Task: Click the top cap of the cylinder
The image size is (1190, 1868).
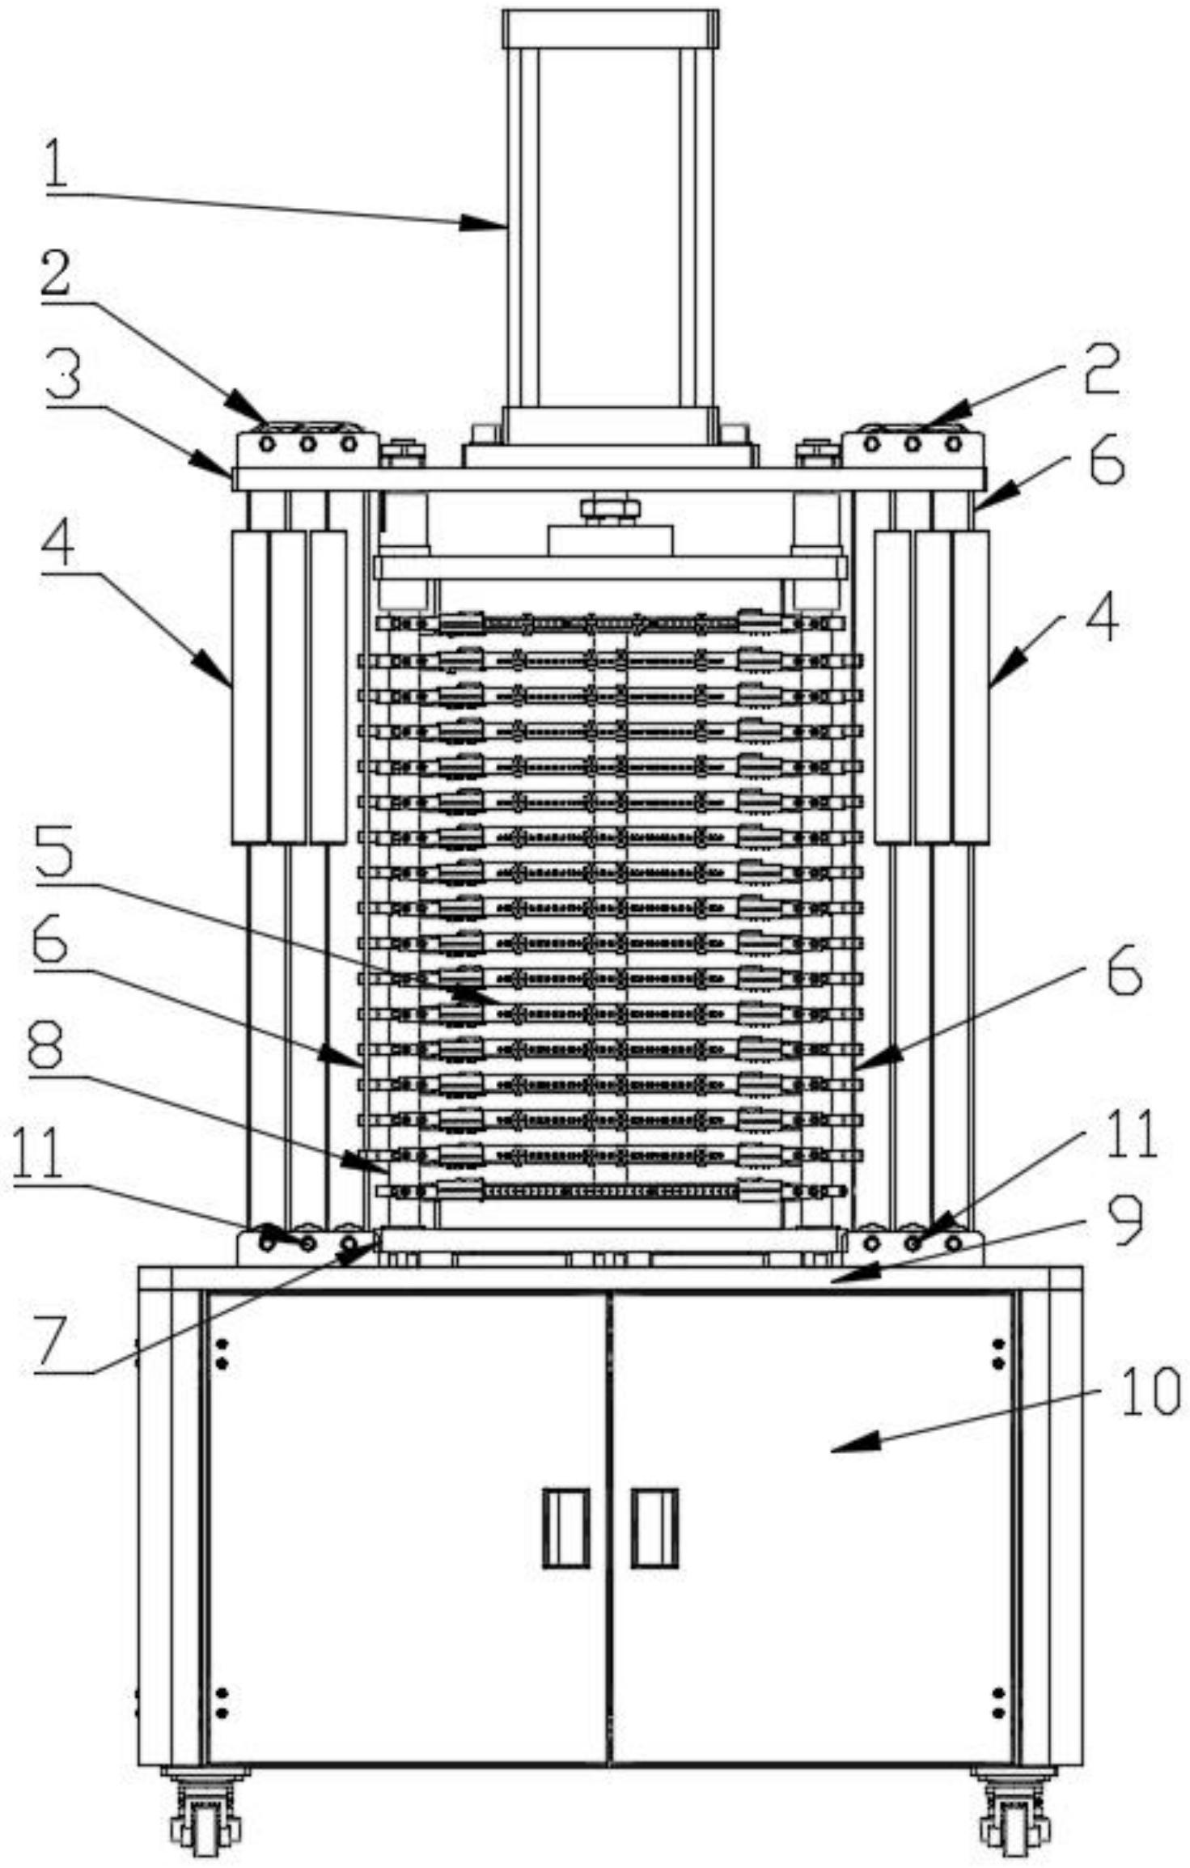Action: pos(611,28)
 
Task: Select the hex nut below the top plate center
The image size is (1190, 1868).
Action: pos(610,509)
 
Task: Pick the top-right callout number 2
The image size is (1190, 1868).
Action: pos(1101,366)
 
